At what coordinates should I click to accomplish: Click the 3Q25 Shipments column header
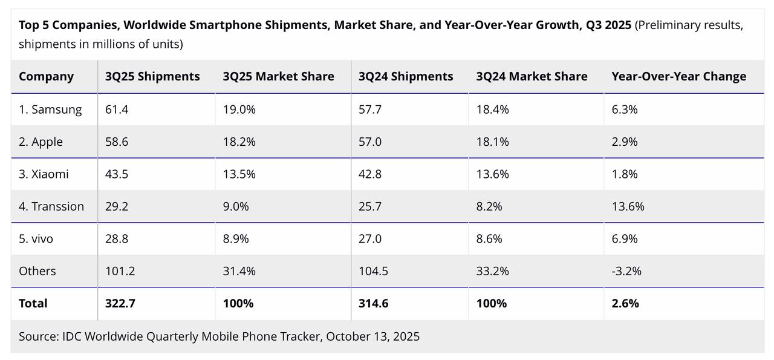[x=152, y=76]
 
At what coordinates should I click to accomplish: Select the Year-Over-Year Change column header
[x=678, y=76]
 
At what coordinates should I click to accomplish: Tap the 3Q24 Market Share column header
[x=532, y=76]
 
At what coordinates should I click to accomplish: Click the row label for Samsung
[x=50, y=110]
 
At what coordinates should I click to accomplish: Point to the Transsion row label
[x=51, y=206]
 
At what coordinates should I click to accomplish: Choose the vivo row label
[x=36, y=239]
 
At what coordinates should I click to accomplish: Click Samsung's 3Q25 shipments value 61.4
[x=117, y=110]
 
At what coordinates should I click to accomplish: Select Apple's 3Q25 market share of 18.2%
[x=239, y=142]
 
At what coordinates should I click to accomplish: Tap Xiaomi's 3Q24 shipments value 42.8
[x=370, y=174]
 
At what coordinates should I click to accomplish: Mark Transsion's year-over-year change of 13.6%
[x=628, y=206]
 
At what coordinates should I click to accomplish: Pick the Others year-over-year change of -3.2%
[x=626, y=271]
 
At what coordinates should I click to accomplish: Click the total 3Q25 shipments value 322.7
[x=120, y=303]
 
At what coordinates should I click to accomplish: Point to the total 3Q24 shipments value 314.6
[x=374, y=303]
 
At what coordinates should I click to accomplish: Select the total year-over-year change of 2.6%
[x=625, y=303]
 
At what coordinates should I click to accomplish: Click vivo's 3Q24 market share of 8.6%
[x=489, y=239]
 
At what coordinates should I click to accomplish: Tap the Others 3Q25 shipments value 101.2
[x=120, y=271]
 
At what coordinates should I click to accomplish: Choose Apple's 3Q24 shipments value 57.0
[x=370, y=142]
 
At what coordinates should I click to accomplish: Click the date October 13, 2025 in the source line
[x=372, y=336]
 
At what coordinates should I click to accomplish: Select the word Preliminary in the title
[x=669, y=25]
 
